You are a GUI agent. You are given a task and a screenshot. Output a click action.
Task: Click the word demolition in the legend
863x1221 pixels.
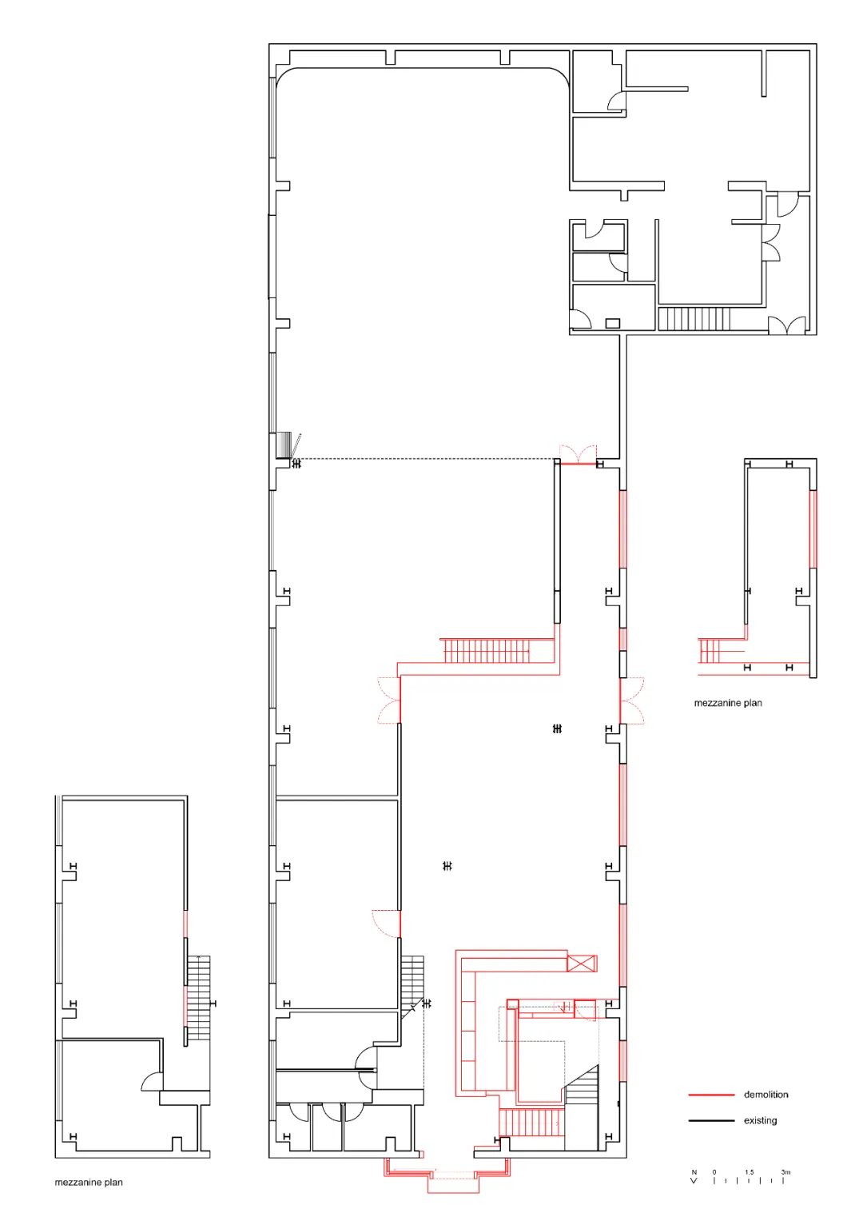pos(766,1095)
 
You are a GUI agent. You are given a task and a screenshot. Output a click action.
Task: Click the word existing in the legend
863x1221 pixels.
pos(760,1121)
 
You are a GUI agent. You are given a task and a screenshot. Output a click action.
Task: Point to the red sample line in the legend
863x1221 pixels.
pos(711,1095)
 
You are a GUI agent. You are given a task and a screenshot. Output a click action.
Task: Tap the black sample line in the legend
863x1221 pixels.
pos(711,1121)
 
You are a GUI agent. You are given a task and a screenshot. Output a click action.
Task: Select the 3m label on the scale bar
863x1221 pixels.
pos(785,1172)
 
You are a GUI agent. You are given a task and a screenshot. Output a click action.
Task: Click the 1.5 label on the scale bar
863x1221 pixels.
pos(750,1172)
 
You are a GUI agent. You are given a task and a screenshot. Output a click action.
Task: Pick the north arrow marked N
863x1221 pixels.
pos(694,1177)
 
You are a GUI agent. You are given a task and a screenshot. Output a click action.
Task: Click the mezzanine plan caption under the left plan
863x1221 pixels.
pos(88,1183)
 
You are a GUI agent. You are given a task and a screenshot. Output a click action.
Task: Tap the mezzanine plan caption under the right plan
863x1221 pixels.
pos(728,703)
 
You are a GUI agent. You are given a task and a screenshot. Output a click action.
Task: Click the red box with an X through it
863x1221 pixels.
pos(582,964)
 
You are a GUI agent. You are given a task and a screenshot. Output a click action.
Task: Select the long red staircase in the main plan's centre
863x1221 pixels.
pos(487,650)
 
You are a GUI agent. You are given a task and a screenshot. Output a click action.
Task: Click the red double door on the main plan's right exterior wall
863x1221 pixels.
pos(631,701)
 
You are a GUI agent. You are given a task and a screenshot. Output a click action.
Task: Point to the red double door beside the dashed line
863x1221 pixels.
pos(578,455)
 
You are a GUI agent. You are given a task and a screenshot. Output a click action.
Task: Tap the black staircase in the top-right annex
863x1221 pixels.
pos(694,319)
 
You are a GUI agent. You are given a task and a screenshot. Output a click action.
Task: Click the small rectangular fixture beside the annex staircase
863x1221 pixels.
pos(612,323)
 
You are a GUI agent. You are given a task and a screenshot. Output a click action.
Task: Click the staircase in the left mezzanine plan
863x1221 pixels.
pos(198,1002)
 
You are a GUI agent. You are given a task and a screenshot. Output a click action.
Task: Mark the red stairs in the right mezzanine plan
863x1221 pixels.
pos(709,651)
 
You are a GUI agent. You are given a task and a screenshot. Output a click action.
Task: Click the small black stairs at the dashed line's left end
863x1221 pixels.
pos(284,445)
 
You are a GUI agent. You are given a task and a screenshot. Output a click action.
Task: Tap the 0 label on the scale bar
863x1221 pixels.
pos(714,1172)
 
